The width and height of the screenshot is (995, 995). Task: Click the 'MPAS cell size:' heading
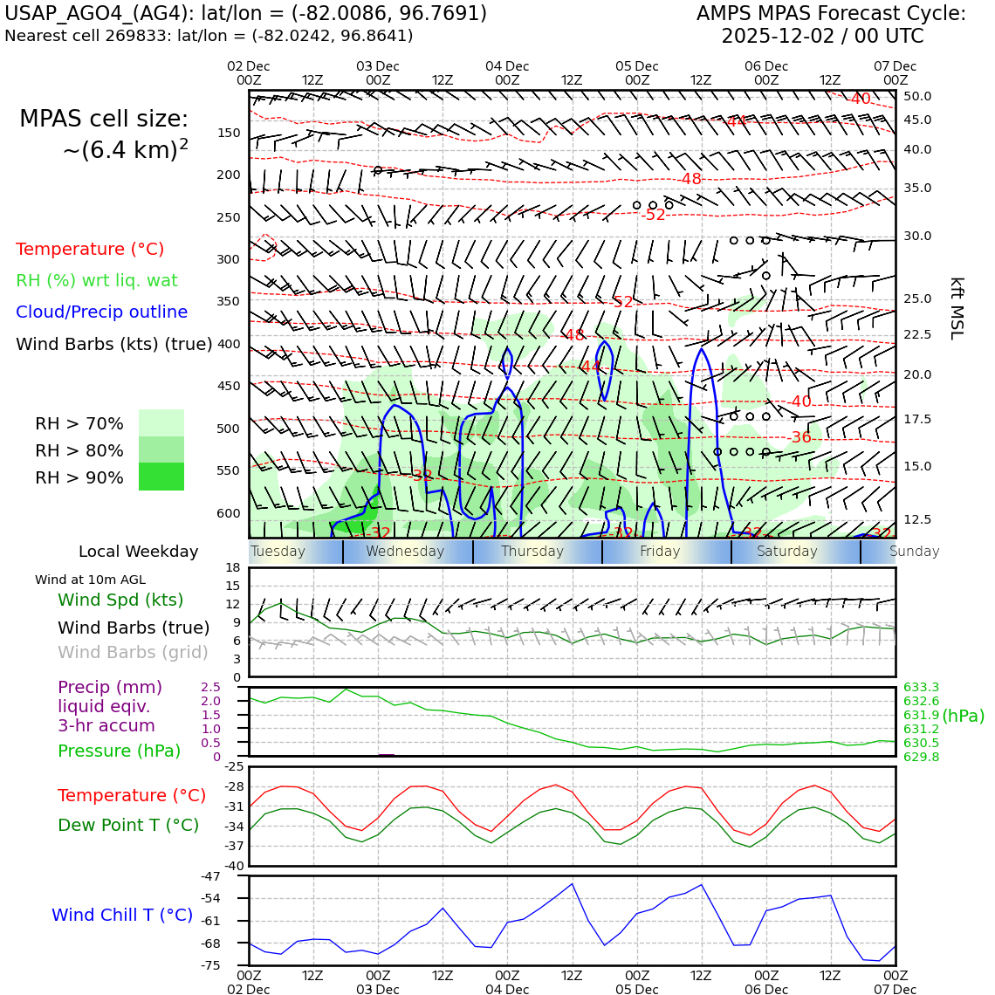click(104, 120)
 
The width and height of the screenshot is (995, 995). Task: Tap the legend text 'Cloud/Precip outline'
click(101, 312)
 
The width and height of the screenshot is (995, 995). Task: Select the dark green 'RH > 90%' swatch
click(161, 477)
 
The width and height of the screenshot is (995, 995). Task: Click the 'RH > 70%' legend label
click(79, 424)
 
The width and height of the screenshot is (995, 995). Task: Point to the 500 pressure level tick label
click(228, 429)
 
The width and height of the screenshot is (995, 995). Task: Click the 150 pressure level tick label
click(228, 134)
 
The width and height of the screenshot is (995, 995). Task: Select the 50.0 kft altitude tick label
click(917, 97)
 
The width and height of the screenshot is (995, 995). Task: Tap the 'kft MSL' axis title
click(957, 308)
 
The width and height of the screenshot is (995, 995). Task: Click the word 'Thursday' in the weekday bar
click(532, 552)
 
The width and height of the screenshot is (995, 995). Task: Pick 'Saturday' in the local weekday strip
click(787, 552)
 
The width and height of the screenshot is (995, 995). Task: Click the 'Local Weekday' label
click(138, 552)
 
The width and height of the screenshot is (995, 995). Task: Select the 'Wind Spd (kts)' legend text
click(120, 600)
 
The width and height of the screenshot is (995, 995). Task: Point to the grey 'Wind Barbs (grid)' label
click(134, 653)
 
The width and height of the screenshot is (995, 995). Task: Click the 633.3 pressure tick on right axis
click(921, 688)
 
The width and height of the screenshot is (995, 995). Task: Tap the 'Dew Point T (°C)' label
click(128, 826)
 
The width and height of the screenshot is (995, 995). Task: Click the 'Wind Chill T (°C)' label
click(122, 916)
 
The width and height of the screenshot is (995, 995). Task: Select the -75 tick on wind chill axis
click(211, 965)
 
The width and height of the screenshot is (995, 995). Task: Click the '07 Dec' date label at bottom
click(895, 990)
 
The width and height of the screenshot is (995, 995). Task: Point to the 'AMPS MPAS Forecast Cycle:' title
click(831, 14)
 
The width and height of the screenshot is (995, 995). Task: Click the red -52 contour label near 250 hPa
click(655, 215)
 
